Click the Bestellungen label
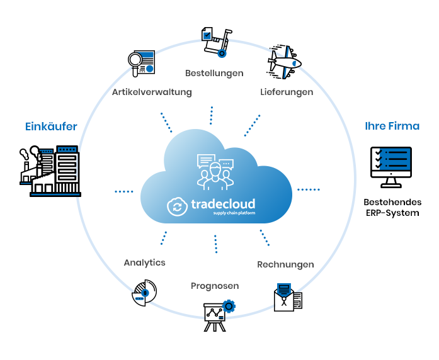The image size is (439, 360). coord(214,73)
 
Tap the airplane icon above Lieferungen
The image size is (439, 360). coord(284,62)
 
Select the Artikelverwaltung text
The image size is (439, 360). coord(152,92)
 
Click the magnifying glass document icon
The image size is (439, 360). coord(141,64)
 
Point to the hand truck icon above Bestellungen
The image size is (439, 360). coord(217,42)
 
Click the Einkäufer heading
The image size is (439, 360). coord(51,127)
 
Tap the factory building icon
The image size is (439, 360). coord(50,171)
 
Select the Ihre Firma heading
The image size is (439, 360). coord(392,126)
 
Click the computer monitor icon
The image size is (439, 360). coord(391,167)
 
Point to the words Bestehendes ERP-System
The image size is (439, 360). coord(392,207)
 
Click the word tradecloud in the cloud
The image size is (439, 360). coord(223,204)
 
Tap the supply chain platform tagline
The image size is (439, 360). coord(234,213)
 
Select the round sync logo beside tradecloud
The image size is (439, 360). coord(177,206)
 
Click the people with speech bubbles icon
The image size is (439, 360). coord(215,172)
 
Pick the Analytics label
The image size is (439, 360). coord(144,262)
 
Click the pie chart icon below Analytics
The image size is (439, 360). coord(144,293)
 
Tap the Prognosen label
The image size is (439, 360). coord(215,286)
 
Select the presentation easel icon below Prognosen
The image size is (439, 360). coord(219,315)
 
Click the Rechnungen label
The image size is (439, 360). coord(285,264)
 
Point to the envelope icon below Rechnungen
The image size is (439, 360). coord(288,297)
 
